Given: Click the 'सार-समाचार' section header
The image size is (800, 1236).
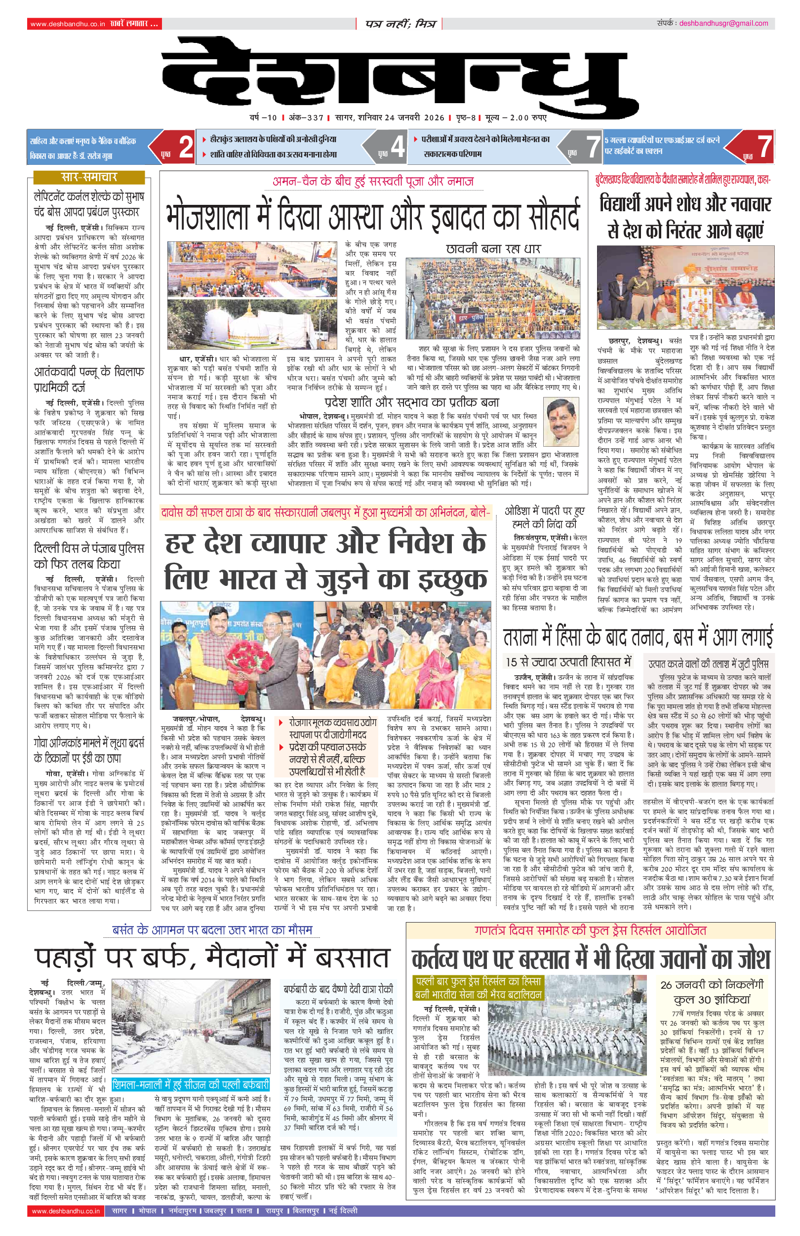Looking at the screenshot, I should point(89,178).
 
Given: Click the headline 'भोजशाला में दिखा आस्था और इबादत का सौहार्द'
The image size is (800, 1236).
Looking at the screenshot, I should point(372,215).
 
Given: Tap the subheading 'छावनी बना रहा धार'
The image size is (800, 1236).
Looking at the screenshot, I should point(493,249).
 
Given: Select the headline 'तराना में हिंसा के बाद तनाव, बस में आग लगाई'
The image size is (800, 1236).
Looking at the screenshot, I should point(638,637).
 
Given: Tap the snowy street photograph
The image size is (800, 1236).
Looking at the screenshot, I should point(191,1027).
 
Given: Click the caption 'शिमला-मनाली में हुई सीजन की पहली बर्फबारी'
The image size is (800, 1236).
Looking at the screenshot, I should point(191,1085).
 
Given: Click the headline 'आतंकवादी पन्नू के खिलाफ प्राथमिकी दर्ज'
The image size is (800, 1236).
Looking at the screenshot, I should point(89,380).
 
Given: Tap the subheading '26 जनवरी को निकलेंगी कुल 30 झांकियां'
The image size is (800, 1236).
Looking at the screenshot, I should point(712,992).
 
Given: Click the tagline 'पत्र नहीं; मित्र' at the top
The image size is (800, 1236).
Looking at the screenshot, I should point(400,24).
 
